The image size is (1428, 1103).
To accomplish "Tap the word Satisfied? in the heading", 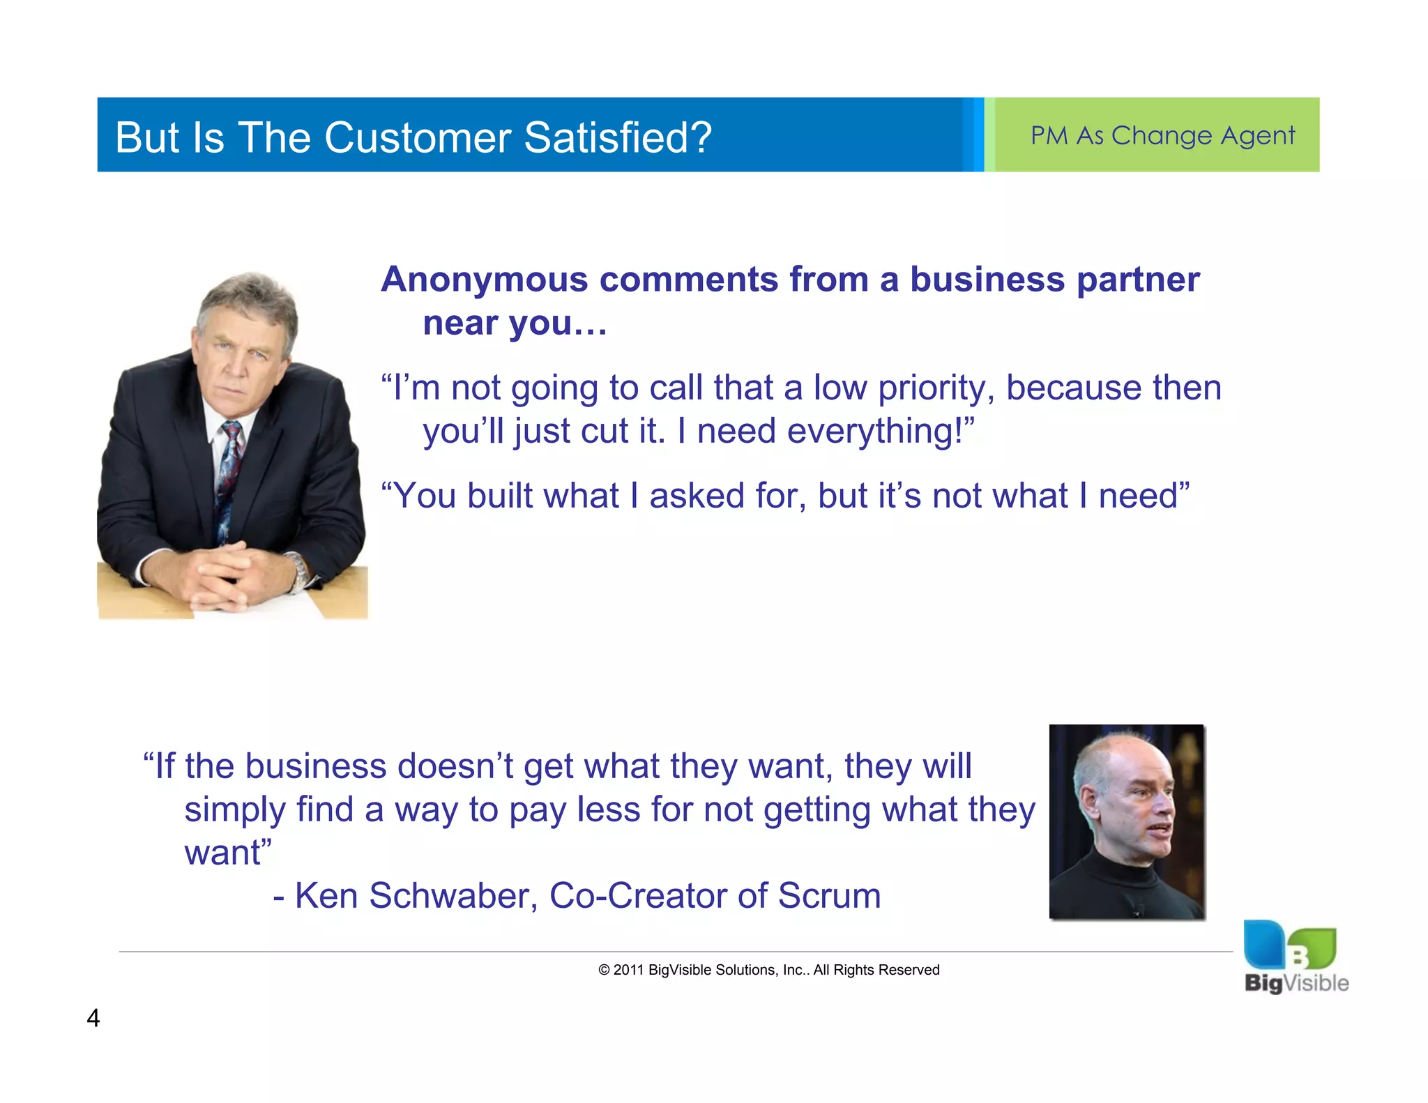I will point(618,137).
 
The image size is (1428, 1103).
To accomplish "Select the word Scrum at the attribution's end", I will point(829,896).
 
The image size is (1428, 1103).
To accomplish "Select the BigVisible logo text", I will point(1296,983).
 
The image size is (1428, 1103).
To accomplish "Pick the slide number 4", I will point(93,1019).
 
